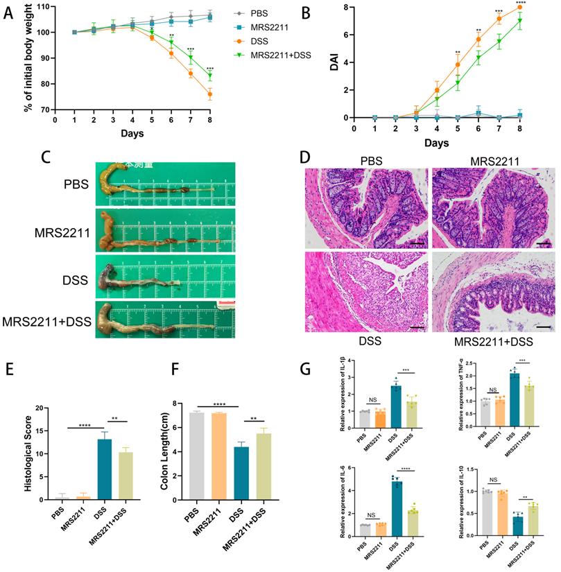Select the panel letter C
[46, 157]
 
